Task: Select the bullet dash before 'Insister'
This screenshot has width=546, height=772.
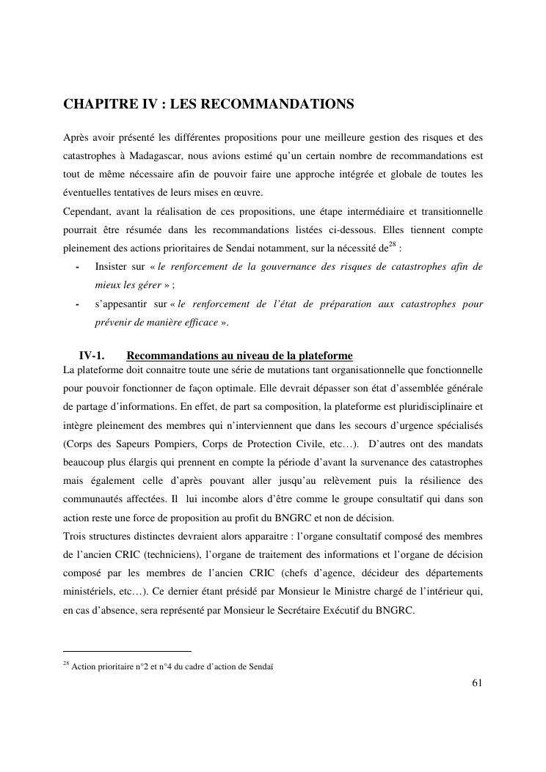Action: [77, 267]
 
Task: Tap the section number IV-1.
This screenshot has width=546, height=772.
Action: [90, 356]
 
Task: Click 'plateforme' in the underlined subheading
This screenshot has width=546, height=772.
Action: [324, 356]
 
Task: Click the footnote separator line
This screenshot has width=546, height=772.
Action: [126, 650]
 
